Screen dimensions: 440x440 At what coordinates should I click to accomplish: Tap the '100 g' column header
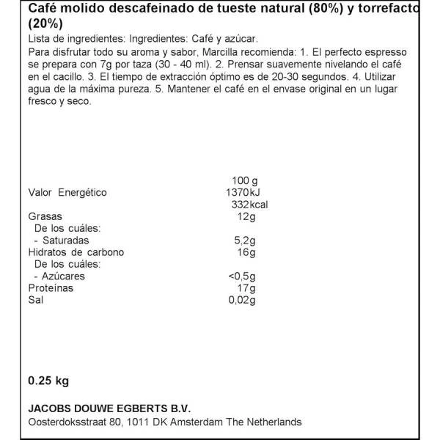pos(243,180)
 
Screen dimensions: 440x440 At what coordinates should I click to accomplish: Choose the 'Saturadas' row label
pos(67,240)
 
